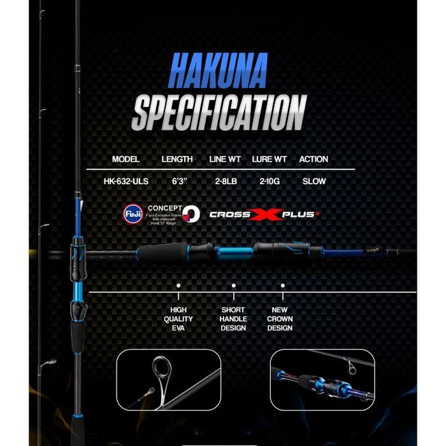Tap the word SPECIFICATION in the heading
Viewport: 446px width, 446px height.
pos(219,113)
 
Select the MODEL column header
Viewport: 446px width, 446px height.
pos(126,159)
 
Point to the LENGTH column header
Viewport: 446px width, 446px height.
pos(177,159)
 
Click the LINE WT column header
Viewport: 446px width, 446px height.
pos(226,159)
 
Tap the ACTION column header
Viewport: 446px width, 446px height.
pos(313,159)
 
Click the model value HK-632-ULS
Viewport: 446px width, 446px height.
pos(126,181)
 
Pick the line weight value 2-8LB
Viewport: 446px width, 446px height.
pos(226,181)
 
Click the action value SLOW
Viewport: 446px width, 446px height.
pos(314,181)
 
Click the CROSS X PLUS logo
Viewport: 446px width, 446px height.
pos(263,214)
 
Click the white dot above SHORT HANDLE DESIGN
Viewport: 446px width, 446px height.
pos(233,287)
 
